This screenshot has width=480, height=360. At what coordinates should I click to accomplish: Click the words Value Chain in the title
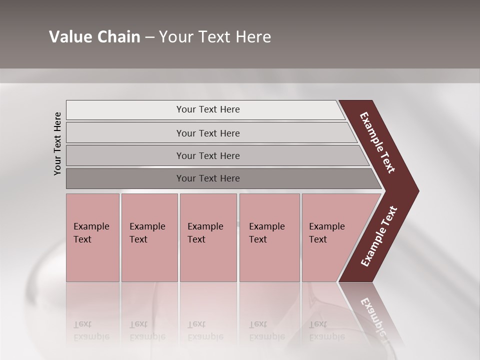(x=94, y=37)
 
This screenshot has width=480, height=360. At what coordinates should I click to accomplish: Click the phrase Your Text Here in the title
(x=215, y=37)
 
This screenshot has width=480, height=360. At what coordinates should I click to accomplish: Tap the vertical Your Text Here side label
(x=57, y=143)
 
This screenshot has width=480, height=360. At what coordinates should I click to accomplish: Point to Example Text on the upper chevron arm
(x=377, y=142)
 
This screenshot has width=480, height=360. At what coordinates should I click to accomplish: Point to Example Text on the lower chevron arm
(x=379, y=236)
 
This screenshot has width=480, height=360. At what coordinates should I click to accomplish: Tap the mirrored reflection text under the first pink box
(x=91, y=330)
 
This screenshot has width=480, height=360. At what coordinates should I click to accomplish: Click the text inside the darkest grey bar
(x=208, y=178)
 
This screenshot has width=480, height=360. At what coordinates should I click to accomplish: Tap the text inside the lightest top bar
(x=208, y=109)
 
